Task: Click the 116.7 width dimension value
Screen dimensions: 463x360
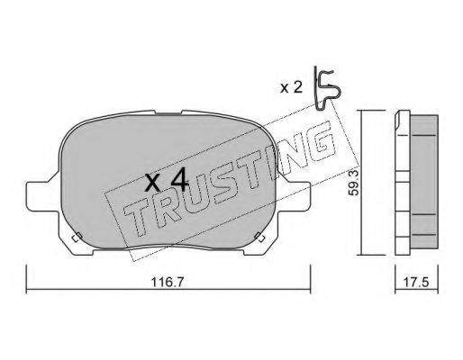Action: (x=167, y=283)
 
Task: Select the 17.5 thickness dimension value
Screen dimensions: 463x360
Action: (x=415, y=283)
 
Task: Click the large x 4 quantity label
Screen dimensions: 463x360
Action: (x=167, y=179)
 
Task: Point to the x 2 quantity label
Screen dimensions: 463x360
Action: (x=291, y=87)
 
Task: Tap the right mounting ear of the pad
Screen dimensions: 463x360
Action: (x=295, y=195)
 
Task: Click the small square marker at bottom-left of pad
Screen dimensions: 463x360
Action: (x=77, y=237)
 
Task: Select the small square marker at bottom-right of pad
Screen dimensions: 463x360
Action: (x=259, y=237)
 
